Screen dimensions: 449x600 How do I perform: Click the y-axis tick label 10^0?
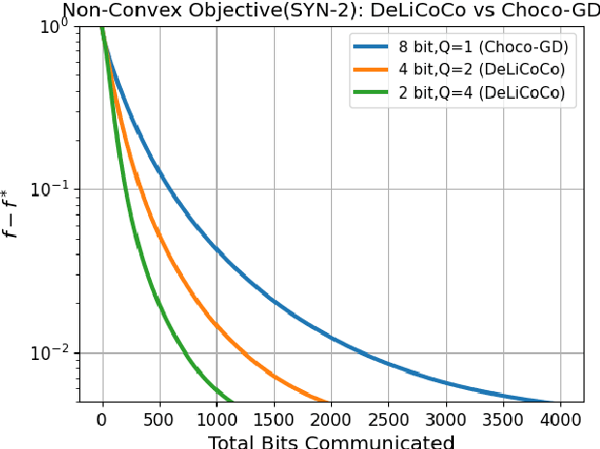click(x=56, y=26)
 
